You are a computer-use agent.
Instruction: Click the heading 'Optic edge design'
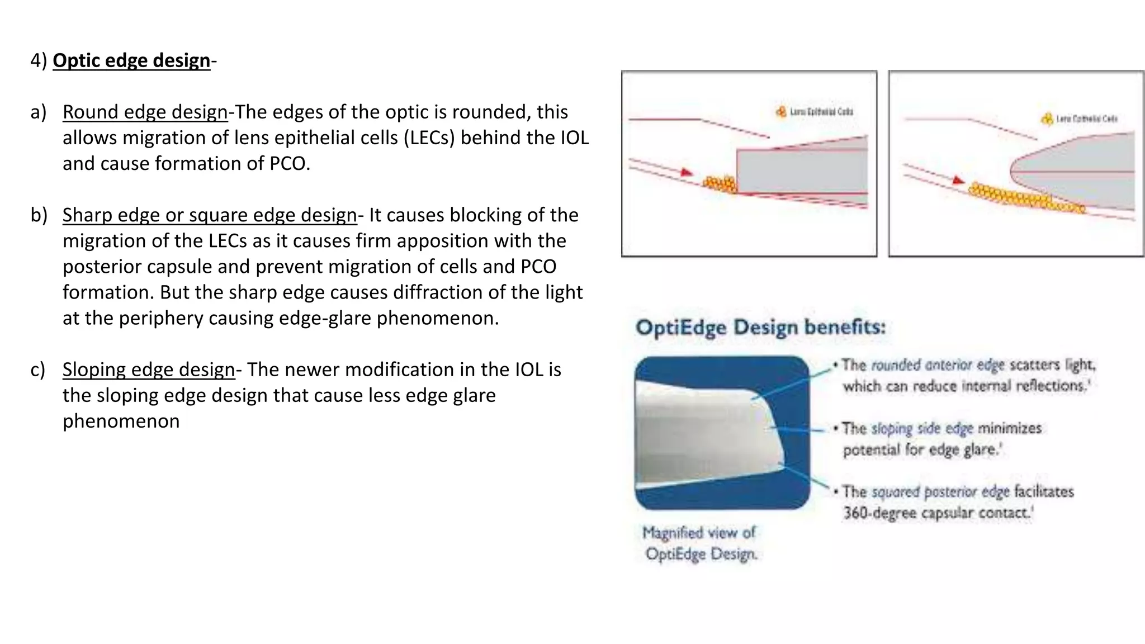click(x=131, y=60)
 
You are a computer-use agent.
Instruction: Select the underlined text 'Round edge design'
click(x=145, y=112)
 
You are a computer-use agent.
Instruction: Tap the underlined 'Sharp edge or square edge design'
click(x=210, y=215)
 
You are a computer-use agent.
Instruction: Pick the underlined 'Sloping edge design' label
click(x=148, y=370)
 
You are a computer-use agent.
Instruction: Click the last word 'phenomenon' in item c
click(x=121, y=421)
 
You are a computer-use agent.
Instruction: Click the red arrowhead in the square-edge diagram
click(x=686, y=173)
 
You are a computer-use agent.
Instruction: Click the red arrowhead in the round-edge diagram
click(x=958, y=181)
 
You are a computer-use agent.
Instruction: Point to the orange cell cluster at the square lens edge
click(x=720, y=183)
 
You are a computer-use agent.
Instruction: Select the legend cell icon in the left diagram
click(x=781, y=112)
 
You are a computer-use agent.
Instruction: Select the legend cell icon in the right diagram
click(x=1047, y=119)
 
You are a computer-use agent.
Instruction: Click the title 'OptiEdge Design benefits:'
click(x=760, y=327)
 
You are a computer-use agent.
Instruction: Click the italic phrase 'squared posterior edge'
click(x=940, y=492)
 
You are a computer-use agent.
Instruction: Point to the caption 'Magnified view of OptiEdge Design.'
click(x=700, y=543)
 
